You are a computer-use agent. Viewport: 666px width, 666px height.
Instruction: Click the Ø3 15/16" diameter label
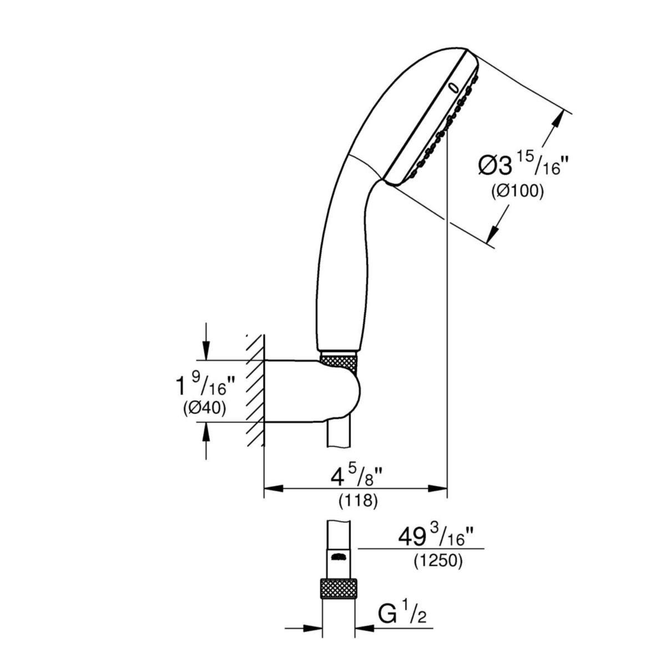524,164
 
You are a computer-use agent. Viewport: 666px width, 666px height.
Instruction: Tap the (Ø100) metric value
517,191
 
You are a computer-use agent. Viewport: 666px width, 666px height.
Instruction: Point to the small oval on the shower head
454,87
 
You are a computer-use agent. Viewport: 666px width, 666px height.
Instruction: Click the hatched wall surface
255,391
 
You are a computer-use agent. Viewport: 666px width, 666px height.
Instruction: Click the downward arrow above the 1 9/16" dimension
206,349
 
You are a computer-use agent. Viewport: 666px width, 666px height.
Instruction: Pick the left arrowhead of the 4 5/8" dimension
274,488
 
